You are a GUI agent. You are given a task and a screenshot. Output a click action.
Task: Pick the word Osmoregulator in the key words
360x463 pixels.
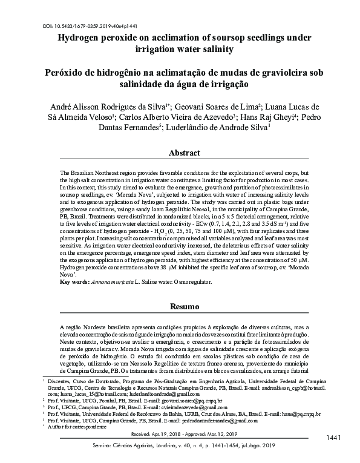tap(193, 282)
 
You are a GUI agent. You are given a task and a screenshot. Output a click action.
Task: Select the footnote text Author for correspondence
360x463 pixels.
tap(73, 427)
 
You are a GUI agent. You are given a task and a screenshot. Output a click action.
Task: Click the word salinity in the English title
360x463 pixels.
tap(232, 50)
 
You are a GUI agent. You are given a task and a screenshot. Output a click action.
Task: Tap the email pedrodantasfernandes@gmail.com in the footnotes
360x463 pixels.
tap(200, 421)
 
